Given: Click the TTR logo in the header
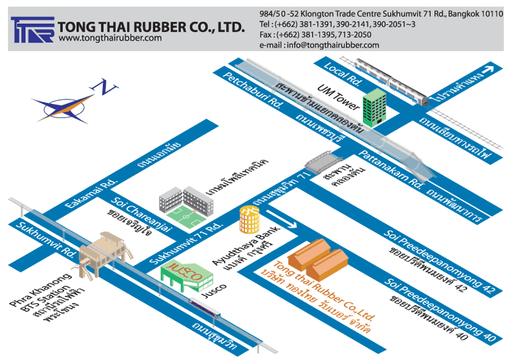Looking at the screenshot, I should point(32,29).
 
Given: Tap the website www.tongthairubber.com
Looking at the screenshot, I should point(110,39).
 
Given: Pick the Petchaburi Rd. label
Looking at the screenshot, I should point(253,91).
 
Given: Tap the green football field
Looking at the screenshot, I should point(185,214).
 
